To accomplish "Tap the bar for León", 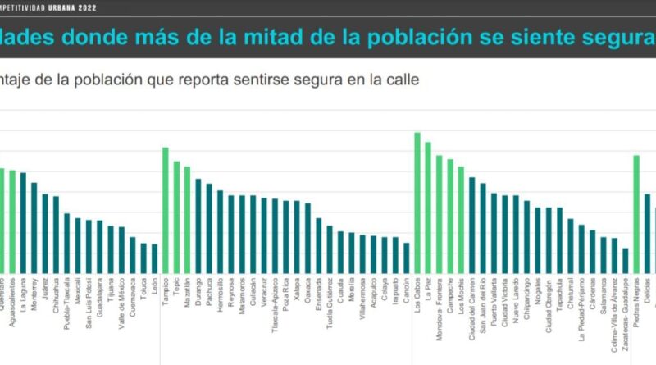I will coord(154,259).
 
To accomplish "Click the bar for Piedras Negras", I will coord(636,215).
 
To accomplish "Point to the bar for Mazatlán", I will coord(187,221).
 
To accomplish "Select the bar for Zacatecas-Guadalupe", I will coord(626,262).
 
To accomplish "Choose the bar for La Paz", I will coord(428,208).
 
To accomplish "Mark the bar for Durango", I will coord(198,226).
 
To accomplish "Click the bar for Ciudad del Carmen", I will coord(471,226).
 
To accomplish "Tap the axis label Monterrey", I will coord(34,298).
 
